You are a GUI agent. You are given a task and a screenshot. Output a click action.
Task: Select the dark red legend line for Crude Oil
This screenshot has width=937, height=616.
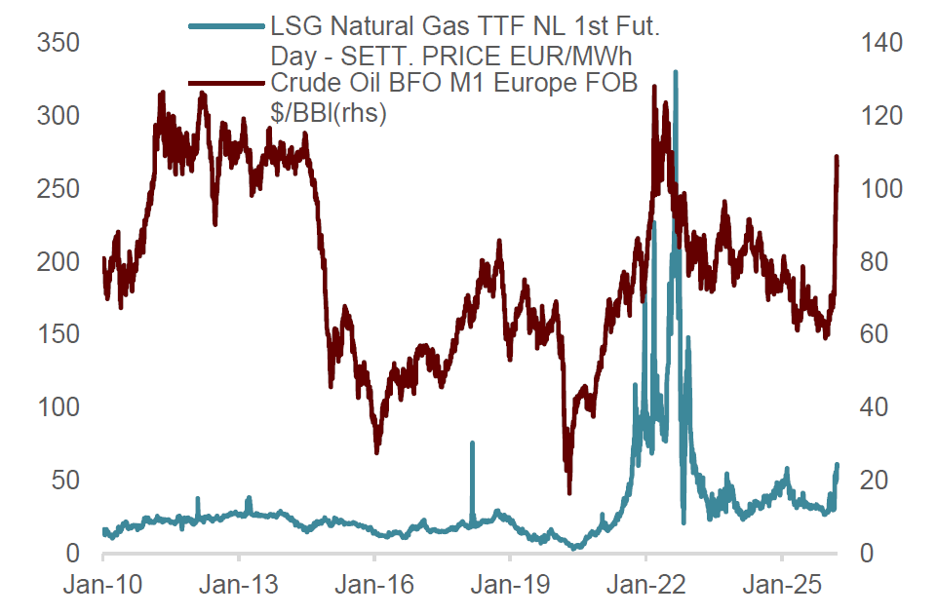[x=225, y=84]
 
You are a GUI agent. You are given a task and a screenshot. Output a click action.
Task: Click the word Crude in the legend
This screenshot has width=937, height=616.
[x=305, y=85]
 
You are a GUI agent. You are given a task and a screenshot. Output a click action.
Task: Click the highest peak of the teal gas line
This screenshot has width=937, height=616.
[x=676, y=73]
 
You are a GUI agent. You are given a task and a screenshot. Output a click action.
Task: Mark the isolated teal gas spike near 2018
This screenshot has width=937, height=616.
[x=472, y=444]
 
